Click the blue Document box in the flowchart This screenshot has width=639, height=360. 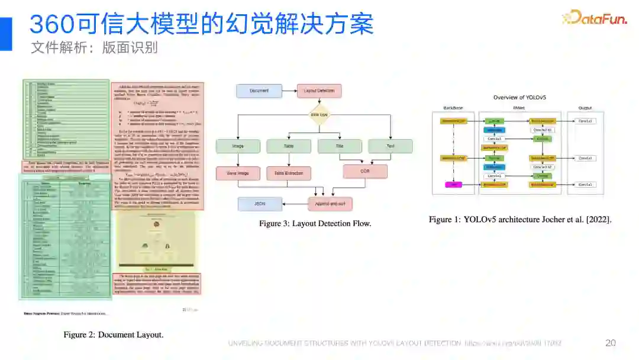coord(259,91)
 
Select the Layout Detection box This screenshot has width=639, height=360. coord(319,91)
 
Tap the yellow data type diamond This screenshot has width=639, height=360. coord(319,114)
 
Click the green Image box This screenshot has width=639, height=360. coord(238,146)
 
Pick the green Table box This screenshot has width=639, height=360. coord(288,146)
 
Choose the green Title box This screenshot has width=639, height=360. coord(340,146)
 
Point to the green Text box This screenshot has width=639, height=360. coord(390,146)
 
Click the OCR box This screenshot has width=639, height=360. coord(365,172)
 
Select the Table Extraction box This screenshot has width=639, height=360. coord(288,173)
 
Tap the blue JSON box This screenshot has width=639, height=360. coord(260,204)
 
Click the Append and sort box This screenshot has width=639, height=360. coord(330,204)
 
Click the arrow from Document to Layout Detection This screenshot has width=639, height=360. coord(289,91)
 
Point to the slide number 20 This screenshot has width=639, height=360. coord(611,343)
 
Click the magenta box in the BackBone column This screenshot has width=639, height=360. coord(453,185)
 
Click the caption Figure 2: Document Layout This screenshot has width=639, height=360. coord(114,335)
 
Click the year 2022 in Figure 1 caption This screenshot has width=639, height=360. coord(596,220)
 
